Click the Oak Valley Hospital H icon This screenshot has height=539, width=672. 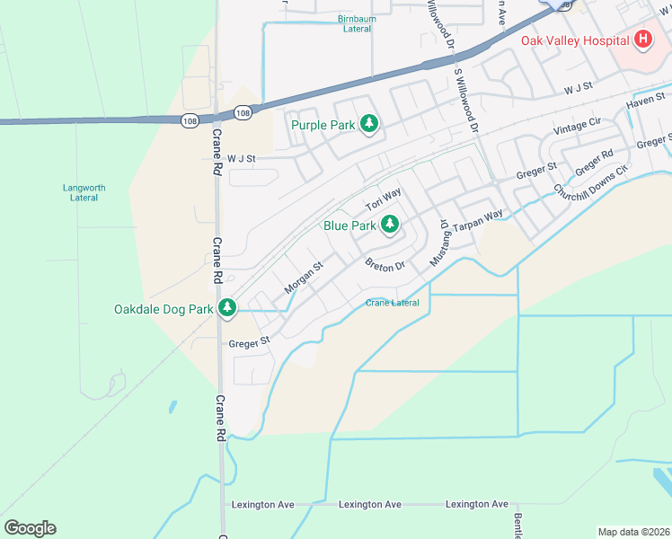pyautogui.click(x=643, y=40)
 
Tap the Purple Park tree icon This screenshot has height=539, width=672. pyautogui.click(x=368, y=125)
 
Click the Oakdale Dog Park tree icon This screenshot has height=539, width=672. pyautogui.click(x=227, y=309)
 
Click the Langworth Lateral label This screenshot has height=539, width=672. pyautogui.click(x=84, y=192)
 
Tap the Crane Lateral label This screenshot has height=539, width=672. pyautogui.click(x=393, y=303)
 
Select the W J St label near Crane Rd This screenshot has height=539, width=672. pyautogui.click(x=242, y=158)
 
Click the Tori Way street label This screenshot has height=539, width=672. pyautogui.click(x=384, y=199)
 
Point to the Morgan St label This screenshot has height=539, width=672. pyautogui.click(x=303, y=278)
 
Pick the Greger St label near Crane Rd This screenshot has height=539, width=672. pyautogui.click(x=249, y=342)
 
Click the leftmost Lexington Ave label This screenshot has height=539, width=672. pyautogui.click(x=263, y=505)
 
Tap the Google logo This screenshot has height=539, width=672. pyautogui.click(x=30, y=528)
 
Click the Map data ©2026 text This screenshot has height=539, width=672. pyautogui.click(x=633, y=532)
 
